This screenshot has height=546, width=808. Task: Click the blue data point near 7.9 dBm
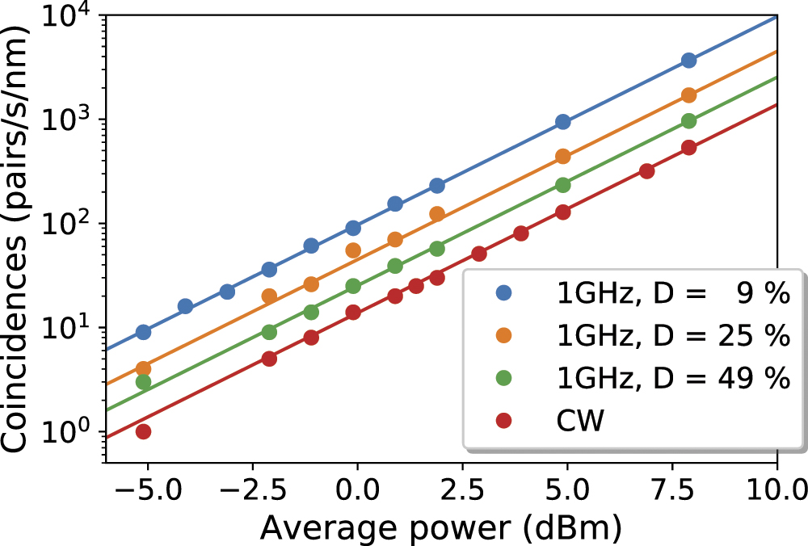pos(688,61)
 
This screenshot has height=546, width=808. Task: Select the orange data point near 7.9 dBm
pos(688,95)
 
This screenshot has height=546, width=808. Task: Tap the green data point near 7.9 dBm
pos(688,120)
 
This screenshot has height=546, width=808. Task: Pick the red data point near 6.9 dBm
pos(646,170)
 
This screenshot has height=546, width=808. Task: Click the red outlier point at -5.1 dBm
pos(143,431)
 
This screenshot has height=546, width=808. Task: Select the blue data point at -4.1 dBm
pos(185,306)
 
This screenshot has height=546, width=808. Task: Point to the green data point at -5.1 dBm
pos(143,382)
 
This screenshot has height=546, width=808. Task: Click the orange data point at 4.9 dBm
pos(563,156)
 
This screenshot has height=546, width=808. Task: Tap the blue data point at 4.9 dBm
pos(563,122)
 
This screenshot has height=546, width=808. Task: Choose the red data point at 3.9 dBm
pos(521,233)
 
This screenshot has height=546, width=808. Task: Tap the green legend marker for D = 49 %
pos(501,379)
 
